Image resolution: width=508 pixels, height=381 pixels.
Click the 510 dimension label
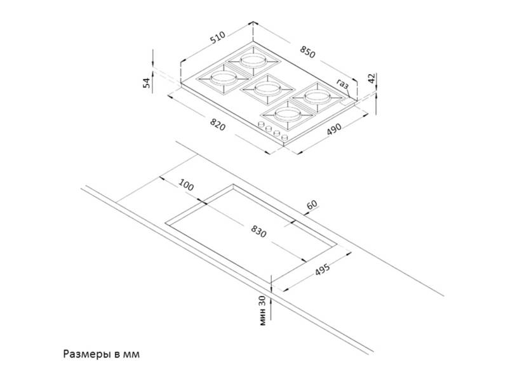(217, 37)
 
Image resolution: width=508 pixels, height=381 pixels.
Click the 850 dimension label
(307, 52)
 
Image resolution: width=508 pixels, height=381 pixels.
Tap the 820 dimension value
(217, 124)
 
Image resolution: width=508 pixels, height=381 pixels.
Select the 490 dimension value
(334, 129)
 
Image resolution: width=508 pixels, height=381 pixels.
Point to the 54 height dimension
(147, 83)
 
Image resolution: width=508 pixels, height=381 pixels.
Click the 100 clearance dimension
(186, 185)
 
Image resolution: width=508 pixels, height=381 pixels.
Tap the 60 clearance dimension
(312, 204)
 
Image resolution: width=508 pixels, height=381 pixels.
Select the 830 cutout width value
(258, 231)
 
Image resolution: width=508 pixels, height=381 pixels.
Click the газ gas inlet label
(342, 84)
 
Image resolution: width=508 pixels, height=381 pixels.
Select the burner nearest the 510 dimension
(253, 60)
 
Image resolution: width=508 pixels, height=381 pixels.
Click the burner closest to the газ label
(317, 97)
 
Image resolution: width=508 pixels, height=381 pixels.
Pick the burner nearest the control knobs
(288, 114)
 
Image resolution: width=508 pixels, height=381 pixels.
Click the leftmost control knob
(260, 124)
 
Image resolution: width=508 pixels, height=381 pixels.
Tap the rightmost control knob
(284, 138)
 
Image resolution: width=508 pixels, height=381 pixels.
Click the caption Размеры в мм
(102, 354)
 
